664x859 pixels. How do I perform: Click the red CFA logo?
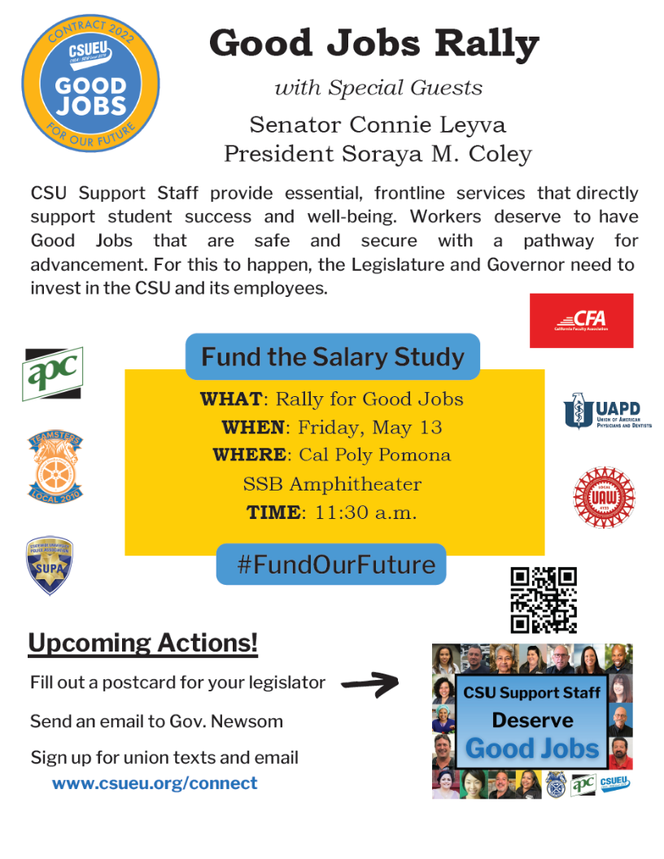pyautogui.click(x=580, y=320)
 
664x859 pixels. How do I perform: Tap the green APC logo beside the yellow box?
pyautogui.click(x=53, y=373)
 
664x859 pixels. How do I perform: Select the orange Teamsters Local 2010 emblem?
pyautogui.click(x=55, y=467)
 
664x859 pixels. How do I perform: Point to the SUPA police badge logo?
pyautogui.click(x=50, y=565)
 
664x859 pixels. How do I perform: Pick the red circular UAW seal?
pyautogui.click(x=604, y=497)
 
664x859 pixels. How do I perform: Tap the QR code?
pyautogui.click(x=544, y=600)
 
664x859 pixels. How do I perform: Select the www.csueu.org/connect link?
pyautogui.click(x=155, y=783)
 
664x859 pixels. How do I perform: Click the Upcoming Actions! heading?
pyautogui.click(x=143, y=643)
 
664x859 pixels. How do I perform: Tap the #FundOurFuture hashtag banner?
pyautogui.click(x=331, y=565)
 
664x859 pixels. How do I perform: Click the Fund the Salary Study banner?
pyautogui.click(x=333, y=356)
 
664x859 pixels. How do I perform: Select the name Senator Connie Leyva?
pyautogui.click(x=378, y=125)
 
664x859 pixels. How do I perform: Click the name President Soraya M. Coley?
pyautogui.click(x=378, y=153)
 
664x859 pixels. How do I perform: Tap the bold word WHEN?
pyautogui.click(x=253, y=427)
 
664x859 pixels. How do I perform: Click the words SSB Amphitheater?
pyautogui.click(x=332, y=484)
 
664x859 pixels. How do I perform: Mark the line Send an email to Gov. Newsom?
pyautogui.click(x=156, y=721)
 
